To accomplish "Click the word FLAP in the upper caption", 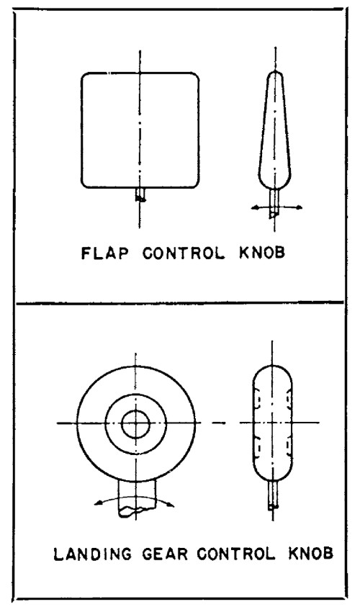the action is tap(104, 253).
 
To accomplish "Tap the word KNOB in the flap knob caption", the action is tap(262, 253).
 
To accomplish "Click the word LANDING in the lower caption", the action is tap(92, 554).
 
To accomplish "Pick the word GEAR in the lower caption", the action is tap(163, 554).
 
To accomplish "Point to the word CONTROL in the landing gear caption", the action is tap(236, 554).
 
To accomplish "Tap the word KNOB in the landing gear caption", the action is tap(311, 554).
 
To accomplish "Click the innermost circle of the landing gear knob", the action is tap(135, 410).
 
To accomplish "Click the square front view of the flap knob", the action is tap(81, 130).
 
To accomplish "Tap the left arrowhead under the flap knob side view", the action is tap(255, 208).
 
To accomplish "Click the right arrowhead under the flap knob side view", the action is tap(299, 207).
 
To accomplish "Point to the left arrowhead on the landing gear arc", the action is tap(99, 503).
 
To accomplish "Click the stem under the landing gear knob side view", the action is tap(274, 495).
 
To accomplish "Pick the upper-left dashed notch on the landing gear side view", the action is tap(257, 398).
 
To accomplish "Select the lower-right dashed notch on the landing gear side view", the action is tap(289, 448).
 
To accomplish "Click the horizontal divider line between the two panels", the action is tap(179, 302).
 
